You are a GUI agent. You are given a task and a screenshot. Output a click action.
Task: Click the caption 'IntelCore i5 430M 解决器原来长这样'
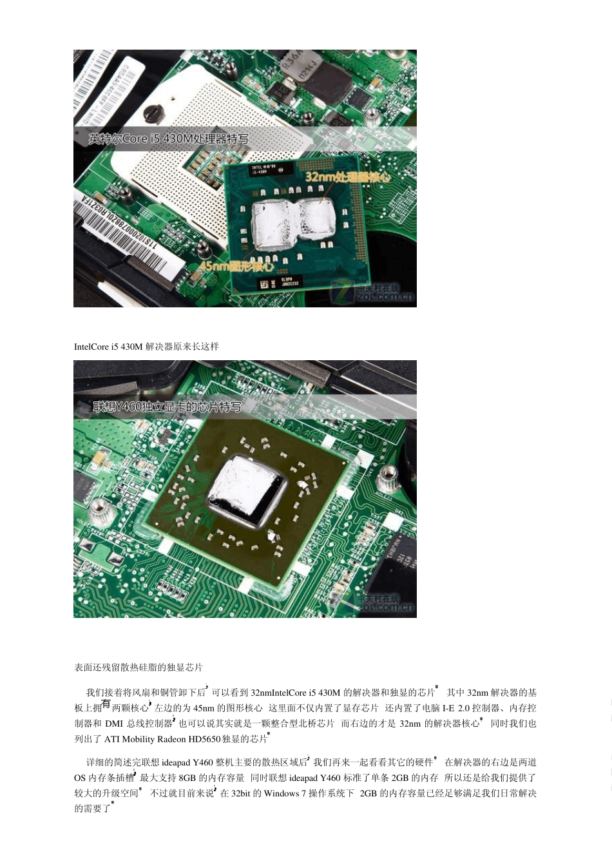click(x=146, y=347)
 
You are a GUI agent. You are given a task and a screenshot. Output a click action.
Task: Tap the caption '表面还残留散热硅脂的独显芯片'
click(x=139, y=668)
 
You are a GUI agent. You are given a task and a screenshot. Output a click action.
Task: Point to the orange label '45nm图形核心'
click(x=236, y=265)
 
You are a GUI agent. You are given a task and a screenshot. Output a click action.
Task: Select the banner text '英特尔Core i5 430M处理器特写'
click(x=168, y=139)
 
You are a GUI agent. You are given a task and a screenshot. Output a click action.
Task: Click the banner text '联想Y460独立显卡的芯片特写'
click(x=167, y=407)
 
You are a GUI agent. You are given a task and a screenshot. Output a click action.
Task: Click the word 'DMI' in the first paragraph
click(x=114, y=724)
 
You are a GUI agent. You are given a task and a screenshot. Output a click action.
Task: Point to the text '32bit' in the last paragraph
click(x=241, y=793)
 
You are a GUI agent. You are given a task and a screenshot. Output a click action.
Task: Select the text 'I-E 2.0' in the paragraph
click(x=455, y=708)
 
